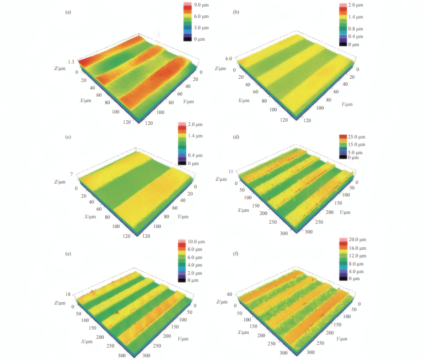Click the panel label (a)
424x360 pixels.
[x=68, y=12]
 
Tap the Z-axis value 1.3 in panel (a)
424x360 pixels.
[x=71, y=62]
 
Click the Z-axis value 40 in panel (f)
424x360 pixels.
[x=229, y=294]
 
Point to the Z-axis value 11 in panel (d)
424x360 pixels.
[x=231, y=171]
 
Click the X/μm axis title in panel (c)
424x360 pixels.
[x=90, y=217]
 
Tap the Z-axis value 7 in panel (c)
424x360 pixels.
[x=72, y=174]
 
